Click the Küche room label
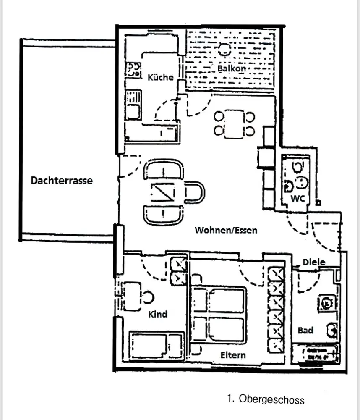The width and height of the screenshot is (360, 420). pyautogui.click(x=160, y=77)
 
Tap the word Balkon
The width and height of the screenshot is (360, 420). pyautogui.click(x=231, y=68)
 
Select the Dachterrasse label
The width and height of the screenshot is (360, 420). pyautogui.click(x=62, y=181)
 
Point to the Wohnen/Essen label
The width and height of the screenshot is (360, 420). pyautogui.click(x=226, y=230)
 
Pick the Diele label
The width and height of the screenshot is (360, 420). pyautogui.click(x=314, y=262)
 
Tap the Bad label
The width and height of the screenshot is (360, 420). pyautogui.click(x=305, y=331)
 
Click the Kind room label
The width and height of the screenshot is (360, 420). pyautogui.click(x=158, y=314)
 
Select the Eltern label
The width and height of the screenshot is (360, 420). pyautogui.click(x=233, y=355)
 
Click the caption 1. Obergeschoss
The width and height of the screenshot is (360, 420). pyautogui.click(x=265, y=399)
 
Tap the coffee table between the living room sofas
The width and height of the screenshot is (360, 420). pyautogui.click(x=163, y=193)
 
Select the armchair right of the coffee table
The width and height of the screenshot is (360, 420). pyautogui.click(x=194, y=193)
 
